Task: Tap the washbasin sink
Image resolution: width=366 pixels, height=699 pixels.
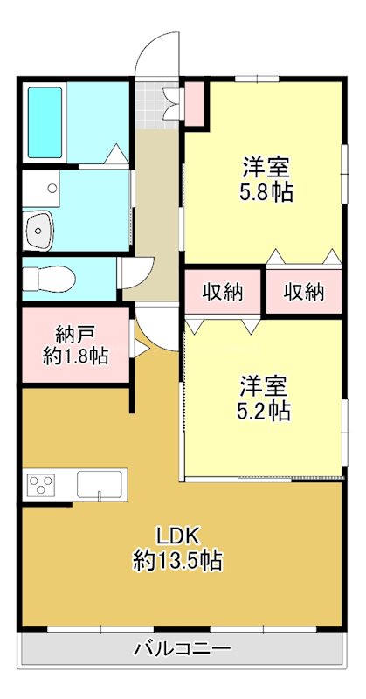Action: tap(38, 231)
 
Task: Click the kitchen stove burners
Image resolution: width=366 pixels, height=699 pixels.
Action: tap(42, 484)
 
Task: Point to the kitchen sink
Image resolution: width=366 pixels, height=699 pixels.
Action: tap(100, 483)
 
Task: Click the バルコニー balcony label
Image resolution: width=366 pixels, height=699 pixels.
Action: tap(182, 649)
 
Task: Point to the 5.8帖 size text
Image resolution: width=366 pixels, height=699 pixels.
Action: tap(267, 191)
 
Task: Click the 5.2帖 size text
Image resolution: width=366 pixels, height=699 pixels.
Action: tap(266, 410)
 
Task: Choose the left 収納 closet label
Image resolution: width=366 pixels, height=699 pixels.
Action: tap(222, 293)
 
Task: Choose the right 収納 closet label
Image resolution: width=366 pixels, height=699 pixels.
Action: tap(303, 293)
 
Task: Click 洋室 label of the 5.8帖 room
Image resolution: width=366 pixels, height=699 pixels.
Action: tap(266, 166)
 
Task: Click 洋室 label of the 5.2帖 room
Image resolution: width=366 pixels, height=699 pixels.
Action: tap(266, 384)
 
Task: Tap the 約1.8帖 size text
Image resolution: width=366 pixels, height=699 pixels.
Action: tap(76, 356)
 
